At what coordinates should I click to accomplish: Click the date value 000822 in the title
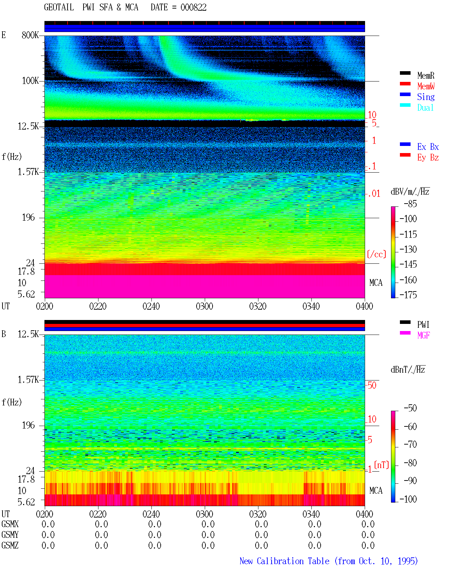point(193,7)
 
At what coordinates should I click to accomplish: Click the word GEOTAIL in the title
point(59,7)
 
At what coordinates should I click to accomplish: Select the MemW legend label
point(426,86)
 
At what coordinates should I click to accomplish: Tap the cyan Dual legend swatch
point(405,105)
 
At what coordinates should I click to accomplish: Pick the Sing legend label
point(426,97)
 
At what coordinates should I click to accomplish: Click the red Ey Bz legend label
point(428,158)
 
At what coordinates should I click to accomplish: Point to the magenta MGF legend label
point(423,335)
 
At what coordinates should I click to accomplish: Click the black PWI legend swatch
point(405,322)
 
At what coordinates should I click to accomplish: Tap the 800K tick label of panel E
point(30,35)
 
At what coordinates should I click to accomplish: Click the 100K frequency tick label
point(30,81)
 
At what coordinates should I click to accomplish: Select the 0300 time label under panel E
point(204,306)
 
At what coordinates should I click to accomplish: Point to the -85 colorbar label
point(410,204)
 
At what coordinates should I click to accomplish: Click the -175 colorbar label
point(408,295)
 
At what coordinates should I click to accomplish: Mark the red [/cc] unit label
point(376,254)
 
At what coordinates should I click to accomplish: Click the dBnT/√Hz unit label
point(408,370)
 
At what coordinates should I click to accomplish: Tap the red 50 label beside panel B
point(372,385)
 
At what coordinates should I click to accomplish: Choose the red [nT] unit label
point(381,464)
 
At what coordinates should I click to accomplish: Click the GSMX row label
point(10,524)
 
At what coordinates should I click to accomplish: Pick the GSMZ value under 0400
point(368,545)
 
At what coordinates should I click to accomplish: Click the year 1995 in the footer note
point(408,561)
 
